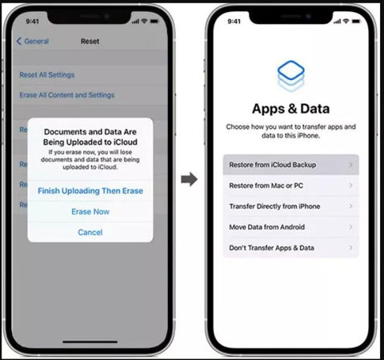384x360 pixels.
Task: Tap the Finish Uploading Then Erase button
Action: [x=90, y=190]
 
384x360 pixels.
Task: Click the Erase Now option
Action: [x=90, y=211]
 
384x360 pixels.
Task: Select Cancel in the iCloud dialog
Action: [x=90, y=232]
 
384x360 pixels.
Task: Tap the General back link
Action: [x=34, y=41]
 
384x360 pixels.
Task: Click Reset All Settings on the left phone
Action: [x=47, y=74]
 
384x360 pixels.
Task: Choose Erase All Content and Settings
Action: [x=66, y=95]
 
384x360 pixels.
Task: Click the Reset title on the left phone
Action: [x=90, y=41]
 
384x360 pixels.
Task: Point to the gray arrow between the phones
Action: [x=189, y=179]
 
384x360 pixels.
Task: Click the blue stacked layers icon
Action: [x=290, y=76]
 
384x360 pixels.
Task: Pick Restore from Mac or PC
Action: [x=266, y=186]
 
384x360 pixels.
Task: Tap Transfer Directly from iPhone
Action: [x=274, y=206]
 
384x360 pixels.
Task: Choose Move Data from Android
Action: [x=267, y=227]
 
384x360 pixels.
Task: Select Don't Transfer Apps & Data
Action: [x=271, y=248]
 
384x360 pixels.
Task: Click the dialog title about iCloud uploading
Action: [x=90, y=137]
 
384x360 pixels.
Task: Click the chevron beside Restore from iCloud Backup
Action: [x=350, y=165]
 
